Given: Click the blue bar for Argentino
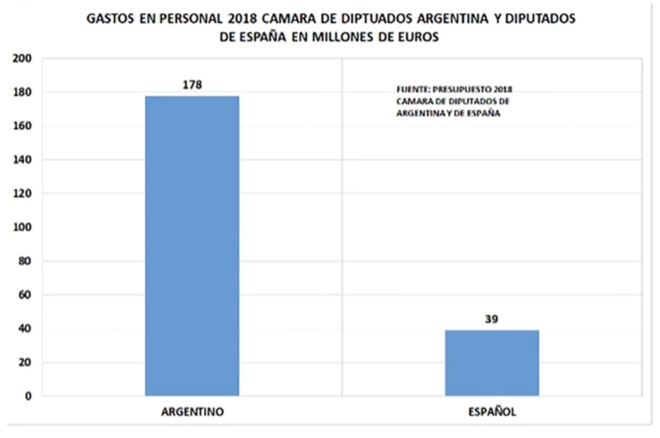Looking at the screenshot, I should pyautogui.click(x=192, y=246).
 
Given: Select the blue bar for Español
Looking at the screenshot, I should pyautogui.click(x=492, y=363).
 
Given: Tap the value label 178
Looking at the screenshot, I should pyautogui.click(x=192, y=84).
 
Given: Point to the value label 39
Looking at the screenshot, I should pyautogui.click(x=492, y=319).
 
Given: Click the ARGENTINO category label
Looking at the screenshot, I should pyautogui.click(x=192, y=413).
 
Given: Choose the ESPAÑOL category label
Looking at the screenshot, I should pyautogui.click(x=492, y=413).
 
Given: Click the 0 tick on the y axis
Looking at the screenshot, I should pyautogui.click(x=29, y=396).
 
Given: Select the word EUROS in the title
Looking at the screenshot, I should pyautogui.click(x=421, y=38).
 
